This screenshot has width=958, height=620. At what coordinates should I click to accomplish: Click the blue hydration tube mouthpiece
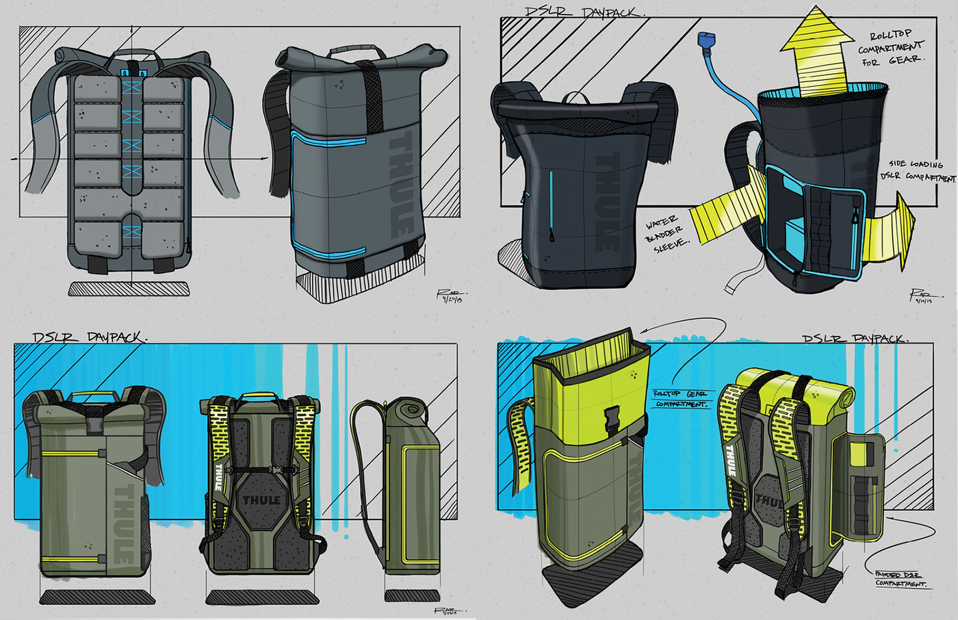703,41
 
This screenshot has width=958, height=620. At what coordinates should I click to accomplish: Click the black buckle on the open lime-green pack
611,417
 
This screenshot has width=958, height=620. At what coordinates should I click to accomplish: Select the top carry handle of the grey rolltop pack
352,51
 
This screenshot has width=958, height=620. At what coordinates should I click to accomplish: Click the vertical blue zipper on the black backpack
551,205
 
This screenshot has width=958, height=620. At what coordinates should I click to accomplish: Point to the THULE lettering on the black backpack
608,201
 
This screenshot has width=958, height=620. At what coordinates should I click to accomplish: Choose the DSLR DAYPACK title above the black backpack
585,12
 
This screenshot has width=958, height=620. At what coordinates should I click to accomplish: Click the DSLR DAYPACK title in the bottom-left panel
89,337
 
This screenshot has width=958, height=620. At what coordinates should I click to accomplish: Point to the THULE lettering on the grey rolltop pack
401,185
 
